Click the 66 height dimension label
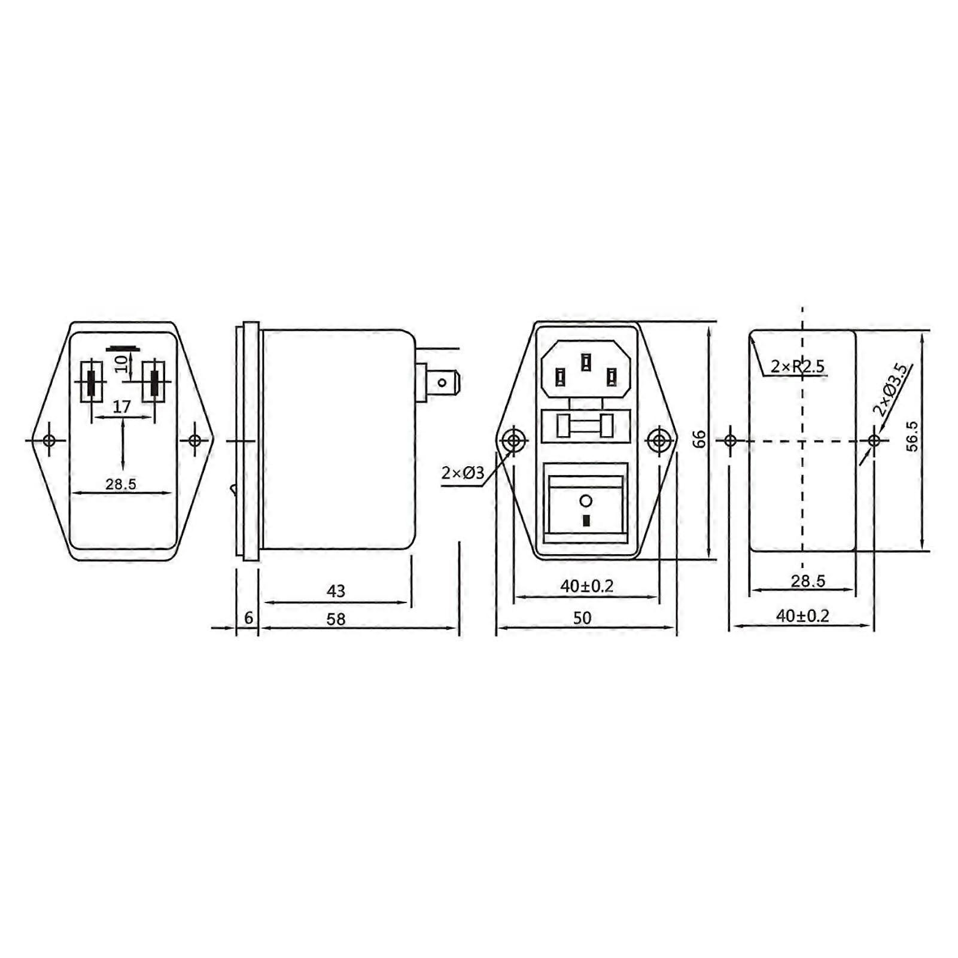click(699, 439)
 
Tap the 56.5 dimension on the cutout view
click(912, 436)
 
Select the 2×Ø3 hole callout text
click(463, 473)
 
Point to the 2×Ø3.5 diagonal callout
click(891, 390)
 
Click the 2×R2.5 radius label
click(797, 366)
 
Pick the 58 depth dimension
click(336, 619)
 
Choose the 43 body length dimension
click(336, 591)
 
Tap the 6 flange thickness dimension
click(249, 618)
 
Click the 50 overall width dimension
click(582, 618)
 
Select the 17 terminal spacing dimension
click(121, 407)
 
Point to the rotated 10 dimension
click(121, 363)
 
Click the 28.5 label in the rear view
click(121, 484)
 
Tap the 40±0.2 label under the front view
click(586, 586)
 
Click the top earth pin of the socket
click(586, 361)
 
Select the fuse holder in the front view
click(585, 426)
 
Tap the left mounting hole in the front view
click(512, 441)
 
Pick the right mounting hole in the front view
click(659, 441)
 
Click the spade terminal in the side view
click(442, 382)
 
